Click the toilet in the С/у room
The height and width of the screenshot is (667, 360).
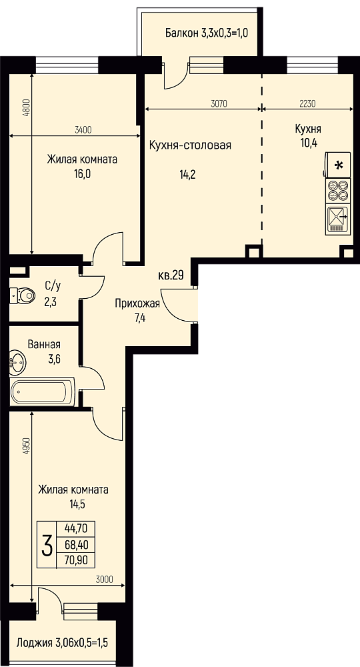22,294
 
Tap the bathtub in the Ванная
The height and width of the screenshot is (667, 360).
43,392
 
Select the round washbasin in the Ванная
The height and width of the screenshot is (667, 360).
17,362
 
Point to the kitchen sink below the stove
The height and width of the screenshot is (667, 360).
338,219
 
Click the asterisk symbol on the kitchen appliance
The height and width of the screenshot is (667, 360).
339,165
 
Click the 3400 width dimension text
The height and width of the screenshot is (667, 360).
83,130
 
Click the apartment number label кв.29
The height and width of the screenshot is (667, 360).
171,275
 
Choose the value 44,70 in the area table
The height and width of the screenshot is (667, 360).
75,529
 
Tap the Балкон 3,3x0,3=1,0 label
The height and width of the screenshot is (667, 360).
207,33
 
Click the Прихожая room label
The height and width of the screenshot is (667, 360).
137,303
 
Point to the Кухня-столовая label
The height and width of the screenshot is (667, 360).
190,145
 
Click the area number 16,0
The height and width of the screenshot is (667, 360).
82,174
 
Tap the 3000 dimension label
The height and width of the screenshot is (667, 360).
104,579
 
